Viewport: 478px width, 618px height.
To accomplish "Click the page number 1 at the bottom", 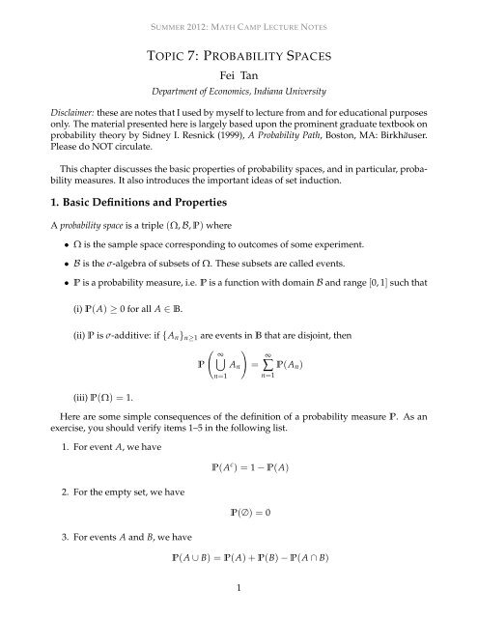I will [239, 609].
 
